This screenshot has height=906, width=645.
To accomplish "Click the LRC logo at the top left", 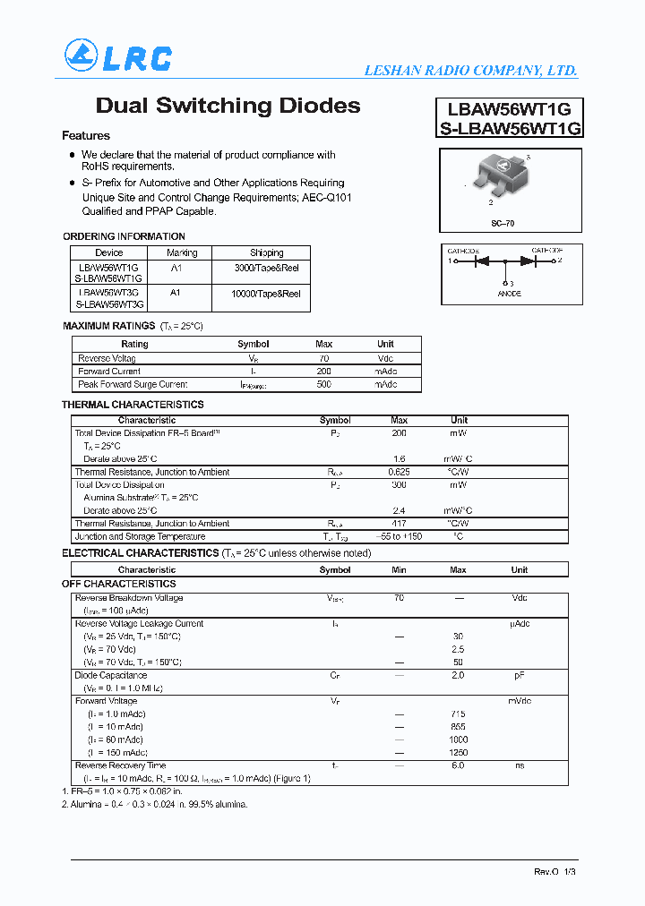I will click(x=117, y=56).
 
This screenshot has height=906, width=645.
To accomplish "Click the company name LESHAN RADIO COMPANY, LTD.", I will click(x=470, y=71).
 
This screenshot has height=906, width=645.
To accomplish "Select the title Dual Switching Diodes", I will click(x=228, y=106).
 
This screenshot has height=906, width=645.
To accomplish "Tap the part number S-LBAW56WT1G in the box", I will click(x=511, y=128).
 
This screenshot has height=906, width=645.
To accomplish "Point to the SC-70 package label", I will click(x=503, y=223).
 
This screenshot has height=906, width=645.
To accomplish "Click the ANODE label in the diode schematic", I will click(x=509, y=294).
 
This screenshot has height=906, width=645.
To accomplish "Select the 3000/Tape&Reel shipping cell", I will click(x=266, y=268).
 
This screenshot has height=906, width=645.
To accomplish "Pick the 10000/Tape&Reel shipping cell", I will click(x=266, y=293).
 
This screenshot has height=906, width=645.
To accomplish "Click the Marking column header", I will click(x=182, y=253).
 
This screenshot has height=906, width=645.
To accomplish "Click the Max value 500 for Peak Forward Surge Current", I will click(x=324, y=385).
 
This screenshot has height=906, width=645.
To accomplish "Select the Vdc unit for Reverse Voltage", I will click(x=385, y=358).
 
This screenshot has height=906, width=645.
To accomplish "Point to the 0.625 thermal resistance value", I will click(x=400, y=472).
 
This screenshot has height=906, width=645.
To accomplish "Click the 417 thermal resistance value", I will click(x=400, y=524).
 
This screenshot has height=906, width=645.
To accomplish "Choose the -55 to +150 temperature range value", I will click(x=400, y=537).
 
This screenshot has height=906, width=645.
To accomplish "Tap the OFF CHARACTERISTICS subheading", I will click(x=119, y=584).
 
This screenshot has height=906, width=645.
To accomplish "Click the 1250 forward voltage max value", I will click(x=458, y=753).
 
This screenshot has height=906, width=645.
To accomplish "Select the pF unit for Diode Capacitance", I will click(x=519, y=676).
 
